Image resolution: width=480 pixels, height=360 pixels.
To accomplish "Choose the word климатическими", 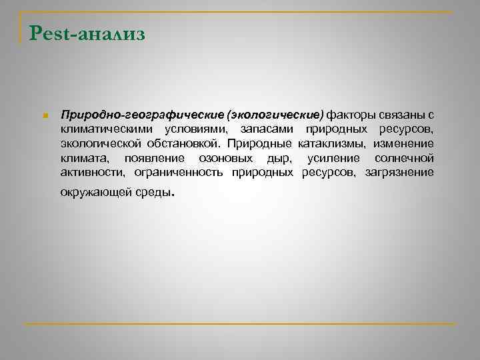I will (107, 128).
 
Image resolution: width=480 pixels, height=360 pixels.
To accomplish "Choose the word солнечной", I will (405, 159).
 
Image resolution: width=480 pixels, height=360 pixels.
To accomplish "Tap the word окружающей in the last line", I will (95, 194).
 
